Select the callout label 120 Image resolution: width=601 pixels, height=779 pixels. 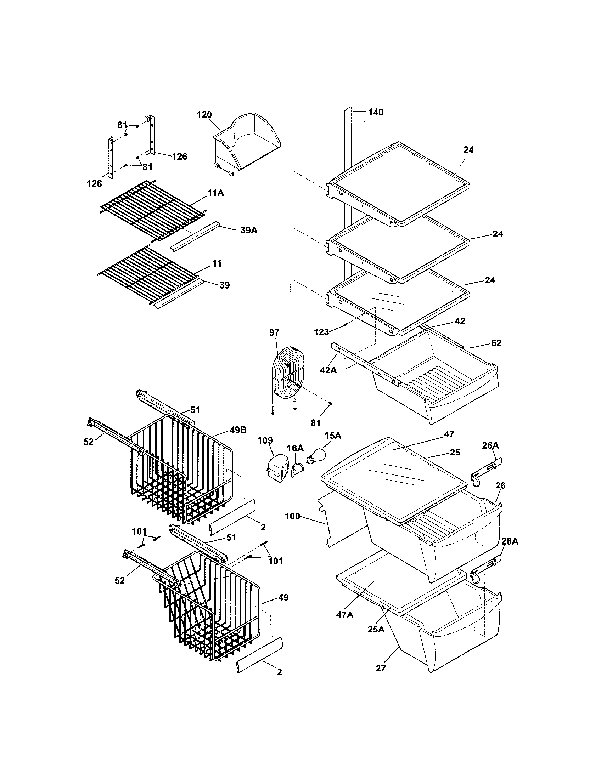tap(204, 115)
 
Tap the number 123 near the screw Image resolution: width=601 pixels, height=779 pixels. tap(321, 332)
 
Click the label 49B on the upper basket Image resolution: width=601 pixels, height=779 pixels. tap(238, 430)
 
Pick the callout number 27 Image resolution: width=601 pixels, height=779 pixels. tap(381, 669)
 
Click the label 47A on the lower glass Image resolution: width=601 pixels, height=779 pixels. tap(345, 615)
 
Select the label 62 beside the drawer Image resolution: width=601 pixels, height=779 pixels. tap(496, 343)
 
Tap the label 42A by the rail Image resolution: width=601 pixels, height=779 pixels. tap(328, 370)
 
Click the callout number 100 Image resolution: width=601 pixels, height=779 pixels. tap(293, 516)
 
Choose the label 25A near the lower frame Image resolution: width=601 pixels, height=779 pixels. tap(376, 629)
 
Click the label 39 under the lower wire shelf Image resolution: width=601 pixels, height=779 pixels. tap(224, 285)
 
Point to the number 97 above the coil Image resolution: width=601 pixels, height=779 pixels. tap(274, 332)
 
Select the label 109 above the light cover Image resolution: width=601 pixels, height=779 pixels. tap(265, 440)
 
